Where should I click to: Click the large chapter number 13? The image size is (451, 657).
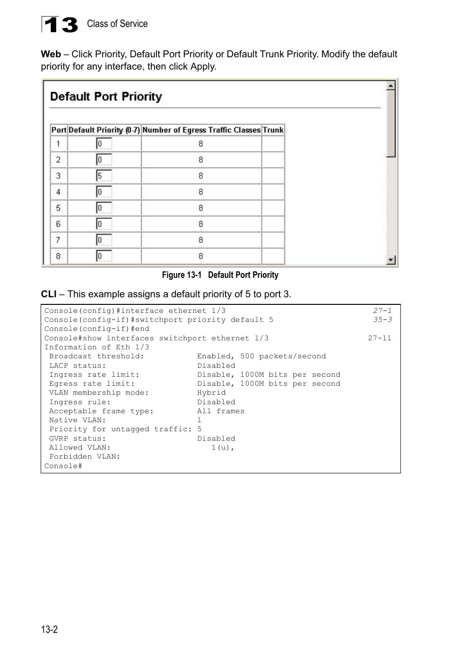60,25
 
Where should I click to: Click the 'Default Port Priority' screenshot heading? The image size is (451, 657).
106,97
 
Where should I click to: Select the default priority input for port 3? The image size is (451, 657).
104,176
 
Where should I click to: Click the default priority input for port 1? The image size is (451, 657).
104,143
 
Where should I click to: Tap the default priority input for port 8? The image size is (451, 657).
104,256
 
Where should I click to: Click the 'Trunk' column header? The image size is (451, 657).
273,130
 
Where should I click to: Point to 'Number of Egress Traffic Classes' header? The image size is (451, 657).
201,130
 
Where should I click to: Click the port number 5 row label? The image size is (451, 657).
58,208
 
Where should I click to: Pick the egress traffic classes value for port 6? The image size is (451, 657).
201,224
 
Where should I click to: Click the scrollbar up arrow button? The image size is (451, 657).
391,86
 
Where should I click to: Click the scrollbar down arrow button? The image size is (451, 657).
391,259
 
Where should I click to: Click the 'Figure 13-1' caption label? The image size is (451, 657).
182,275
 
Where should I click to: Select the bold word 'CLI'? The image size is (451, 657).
49,294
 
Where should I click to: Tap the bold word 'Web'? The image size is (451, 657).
51,54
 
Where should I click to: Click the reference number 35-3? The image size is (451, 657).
382,320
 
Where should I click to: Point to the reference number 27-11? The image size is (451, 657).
380,338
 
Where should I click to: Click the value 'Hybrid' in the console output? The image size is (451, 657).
211,393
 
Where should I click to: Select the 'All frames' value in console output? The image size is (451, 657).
221,411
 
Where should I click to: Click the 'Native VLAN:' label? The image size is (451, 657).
78,420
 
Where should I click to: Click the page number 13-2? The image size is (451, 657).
49,629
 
